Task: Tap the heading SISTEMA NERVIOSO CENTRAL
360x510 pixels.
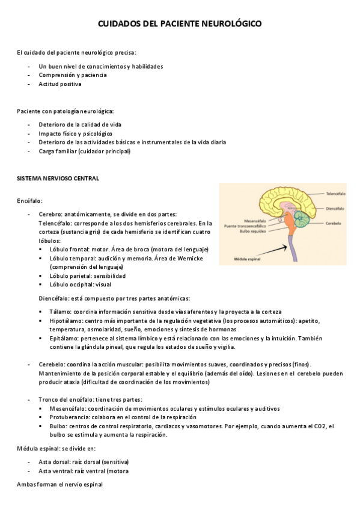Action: [58, 179]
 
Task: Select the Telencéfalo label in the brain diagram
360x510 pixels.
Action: [335, 194]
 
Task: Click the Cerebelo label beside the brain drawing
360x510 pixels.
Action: [334, 223]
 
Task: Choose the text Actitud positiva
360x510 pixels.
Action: [60, 84]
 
